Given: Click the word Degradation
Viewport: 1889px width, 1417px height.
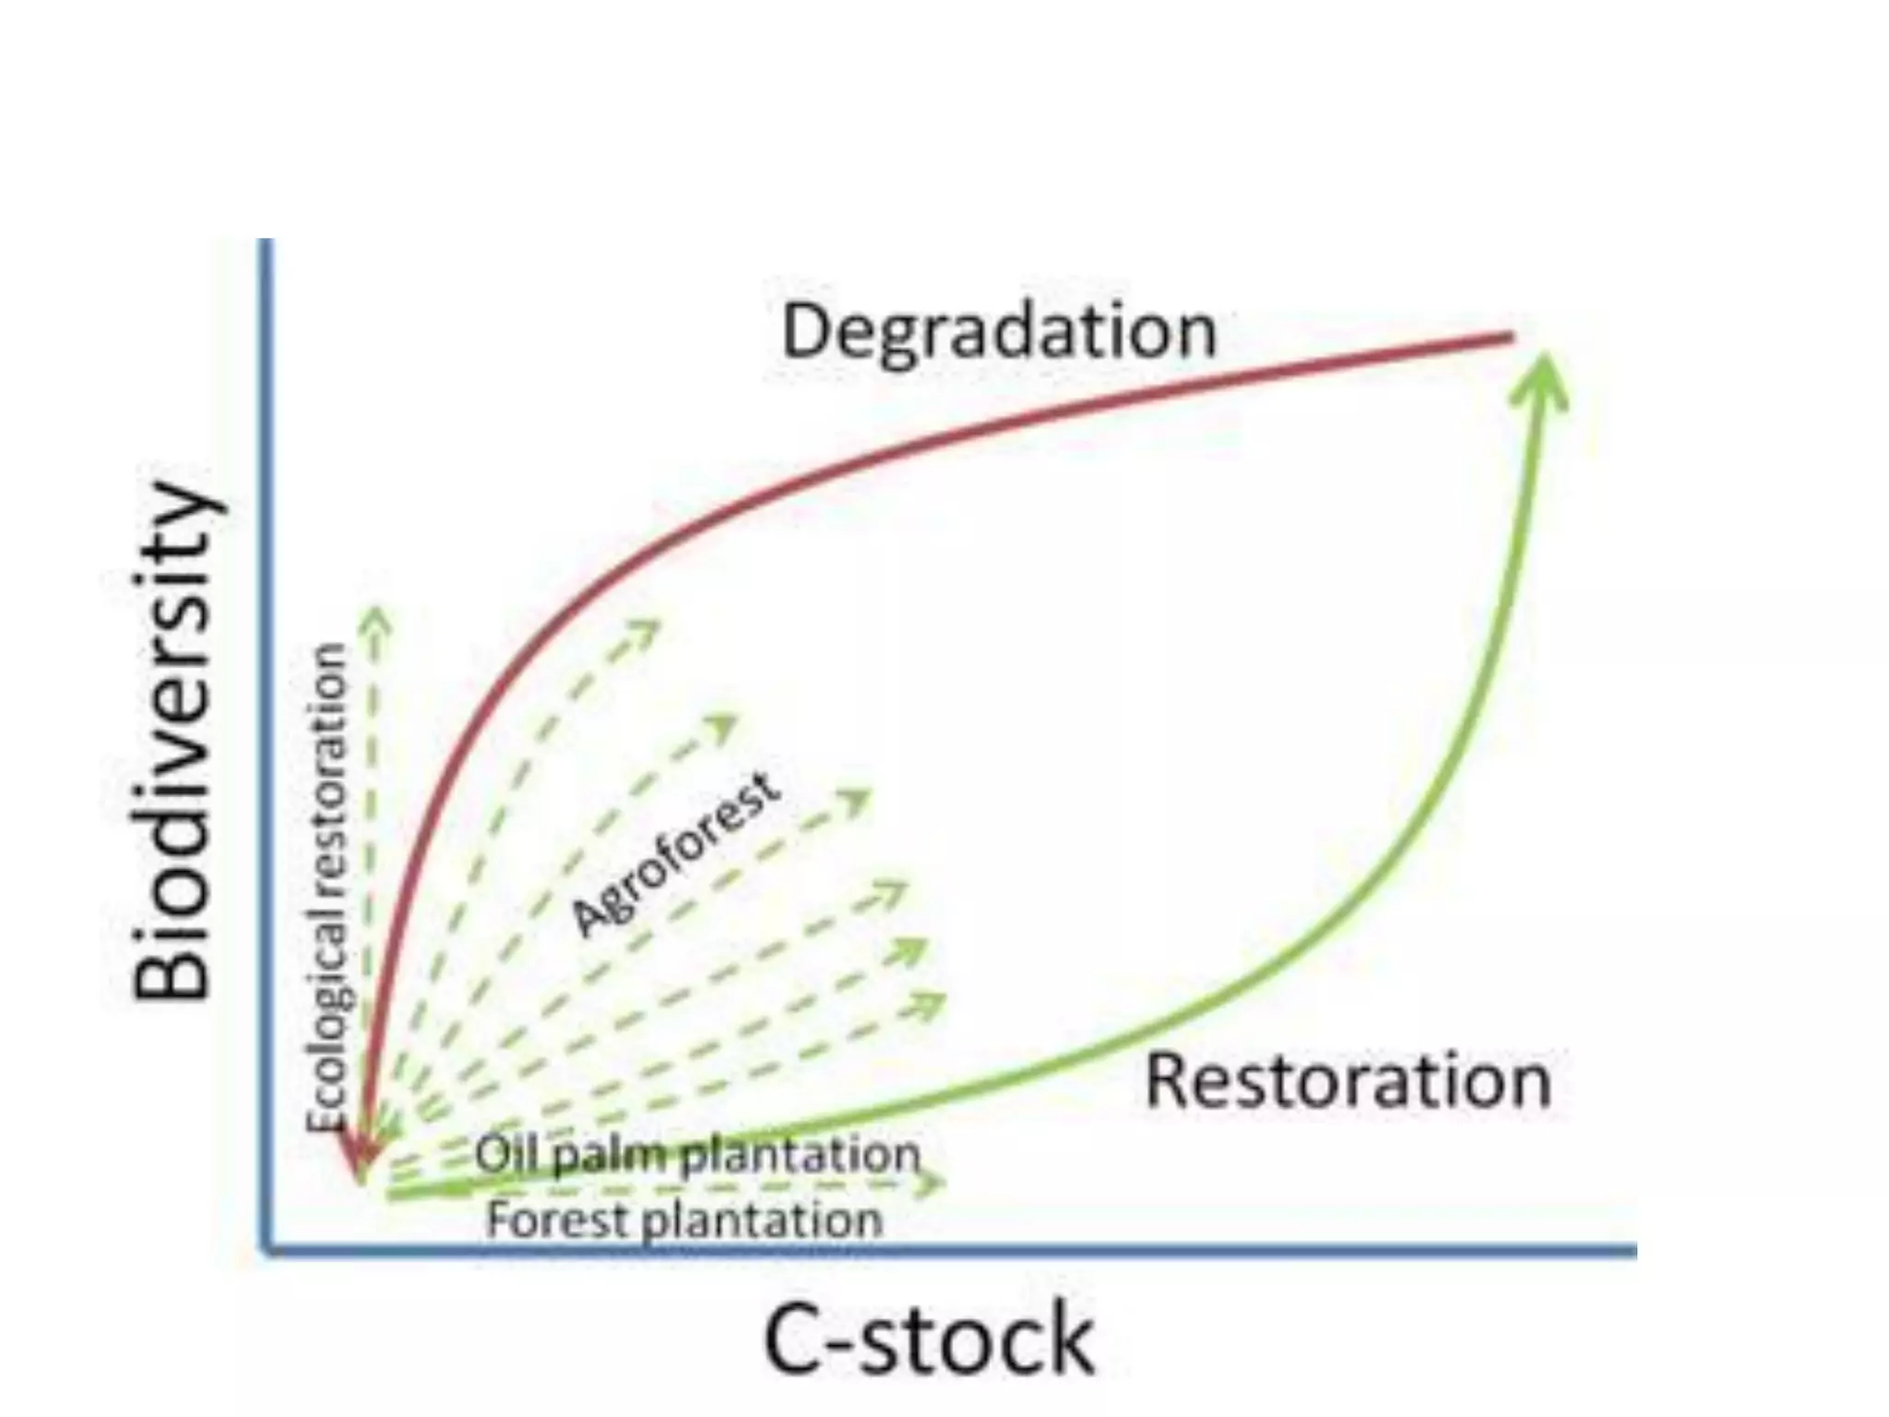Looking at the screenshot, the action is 999,332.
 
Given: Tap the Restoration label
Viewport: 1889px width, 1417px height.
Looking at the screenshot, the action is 1348,1081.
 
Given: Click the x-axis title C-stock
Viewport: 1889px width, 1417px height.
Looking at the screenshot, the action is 929,1339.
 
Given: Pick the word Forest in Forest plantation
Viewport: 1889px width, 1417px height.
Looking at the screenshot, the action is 559,1220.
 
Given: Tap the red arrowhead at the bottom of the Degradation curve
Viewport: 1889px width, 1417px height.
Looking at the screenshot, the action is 361,1158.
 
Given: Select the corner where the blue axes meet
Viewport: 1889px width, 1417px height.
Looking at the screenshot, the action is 267,1250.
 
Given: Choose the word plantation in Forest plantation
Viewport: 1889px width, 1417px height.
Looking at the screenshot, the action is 762,1221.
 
